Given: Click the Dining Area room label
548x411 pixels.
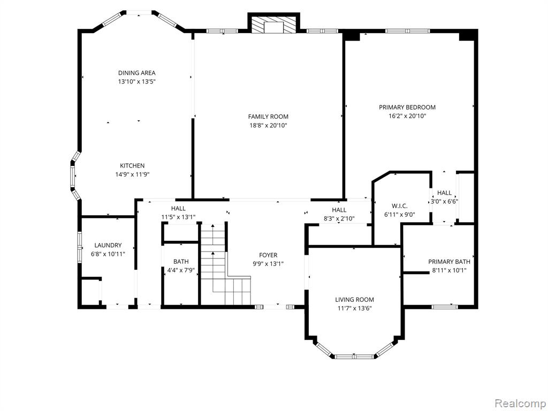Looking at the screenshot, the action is tap(136, 73).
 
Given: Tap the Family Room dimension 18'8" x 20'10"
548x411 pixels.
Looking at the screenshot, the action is tap(268, 125).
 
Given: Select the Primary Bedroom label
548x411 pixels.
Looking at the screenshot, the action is tap(407, 107).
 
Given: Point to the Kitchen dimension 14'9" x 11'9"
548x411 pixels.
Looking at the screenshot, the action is tap(132, 174).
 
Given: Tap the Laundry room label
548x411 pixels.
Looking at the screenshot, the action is tap(108, 245).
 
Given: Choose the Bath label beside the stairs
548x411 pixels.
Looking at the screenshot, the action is tap(181, 261).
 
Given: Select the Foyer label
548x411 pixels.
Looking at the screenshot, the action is tap(268, 255).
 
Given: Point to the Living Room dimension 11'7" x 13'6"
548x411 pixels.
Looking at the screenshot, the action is tap(354, 308).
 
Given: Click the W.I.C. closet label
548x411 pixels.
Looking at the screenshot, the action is tap(399, 206).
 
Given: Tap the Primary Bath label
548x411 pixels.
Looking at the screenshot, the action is tap(449, 261).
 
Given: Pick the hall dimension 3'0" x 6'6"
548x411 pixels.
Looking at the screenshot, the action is tap(444, 201).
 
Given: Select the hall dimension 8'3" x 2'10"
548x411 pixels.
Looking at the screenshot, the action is tap(339, 219).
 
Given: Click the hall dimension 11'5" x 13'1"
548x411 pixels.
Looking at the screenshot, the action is tap(178, 217).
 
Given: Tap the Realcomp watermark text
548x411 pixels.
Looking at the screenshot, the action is tap(520, 404).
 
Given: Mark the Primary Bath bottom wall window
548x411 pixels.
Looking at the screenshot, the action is tap(445, 307).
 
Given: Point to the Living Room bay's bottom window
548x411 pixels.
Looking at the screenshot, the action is tap(354, 357).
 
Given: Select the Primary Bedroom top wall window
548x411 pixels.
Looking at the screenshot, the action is tap(407, 31).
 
